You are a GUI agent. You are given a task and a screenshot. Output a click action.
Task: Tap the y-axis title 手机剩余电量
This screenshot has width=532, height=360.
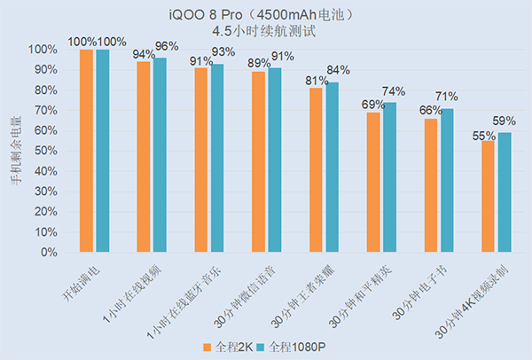pos(14,152)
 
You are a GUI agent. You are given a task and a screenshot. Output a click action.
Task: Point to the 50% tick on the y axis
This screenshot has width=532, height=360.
pos(42,151)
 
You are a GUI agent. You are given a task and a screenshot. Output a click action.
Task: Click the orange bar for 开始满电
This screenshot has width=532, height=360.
pos(86,151)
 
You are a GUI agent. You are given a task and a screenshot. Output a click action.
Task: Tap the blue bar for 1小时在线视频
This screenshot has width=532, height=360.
pos(160,155)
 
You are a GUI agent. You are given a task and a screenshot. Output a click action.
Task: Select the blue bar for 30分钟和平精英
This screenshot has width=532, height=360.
pos(389,177)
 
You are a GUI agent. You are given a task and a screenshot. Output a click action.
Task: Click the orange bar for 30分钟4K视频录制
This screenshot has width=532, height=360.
pos(489,196)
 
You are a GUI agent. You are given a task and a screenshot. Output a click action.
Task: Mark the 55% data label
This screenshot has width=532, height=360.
pos(484,136)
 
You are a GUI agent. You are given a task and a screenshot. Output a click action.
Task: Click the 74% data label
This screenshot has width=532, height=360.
pos(393,91)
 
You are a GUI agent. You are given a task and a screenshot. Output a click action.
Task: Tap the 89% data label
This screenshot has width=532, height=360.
pos(259,63)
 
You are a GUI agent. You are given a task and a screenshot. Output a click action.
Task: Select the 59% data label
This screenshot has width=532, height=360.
pos(505,121)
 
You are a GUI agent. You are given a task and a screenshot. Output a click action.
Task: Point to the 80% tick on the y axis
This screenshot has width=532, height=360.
pos(42,90)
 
